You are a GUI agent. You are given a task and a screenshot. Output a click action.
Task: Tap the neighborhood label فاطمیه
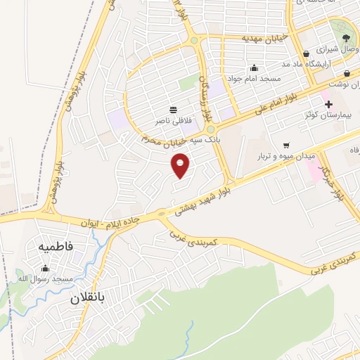(x=56, y=247)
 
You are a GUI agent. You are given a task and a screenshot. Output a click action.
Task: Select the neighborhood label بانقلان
(x=86, y=297)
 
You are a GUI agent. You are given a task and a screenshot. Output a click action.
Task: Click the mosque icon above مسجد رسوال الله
(x=46, y=268)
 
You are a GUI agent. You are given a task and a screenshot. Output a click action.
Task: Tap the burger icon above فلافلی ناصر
(x=173, y=110)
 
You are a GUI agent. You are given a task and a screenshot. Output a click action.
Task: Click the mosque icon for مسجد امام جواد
(x=254, y=67)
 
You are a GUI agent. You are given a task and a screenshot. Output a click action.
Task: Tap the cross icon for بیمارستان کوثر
(x=328, y=104)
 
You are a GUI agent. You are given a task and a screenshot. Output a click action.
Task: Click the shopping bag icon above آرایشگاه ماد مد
(x=307, y=53)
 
